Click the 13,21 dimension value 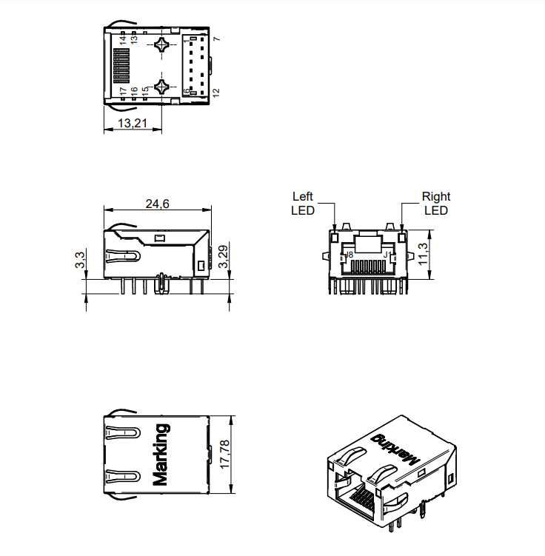tap(132, 123)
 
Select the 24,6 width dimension tap(158, 204)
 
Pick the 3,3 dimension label tap(81, 260)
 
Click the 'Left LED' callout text tap(303, 204)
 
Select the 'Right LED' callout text tap(436, 204)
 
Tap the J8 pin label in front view tap(349, 255)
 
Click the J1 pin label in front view tap(386, 255)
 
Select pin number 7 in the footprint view tap(216, 38)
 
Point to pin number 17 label tap(123, 91)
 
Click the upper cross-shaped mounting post tap(162, 46)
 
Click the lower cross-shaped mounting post tap(162, 87)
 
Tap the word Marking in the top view tap(160, 454)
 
